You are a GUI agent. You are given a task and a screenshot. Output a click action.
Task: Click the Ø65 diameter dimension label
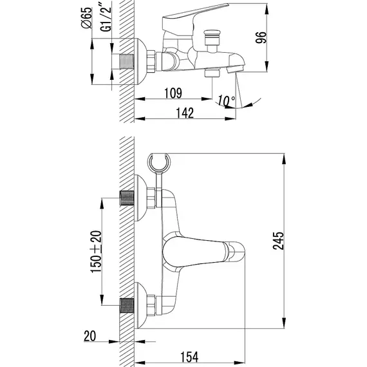coord(86,18)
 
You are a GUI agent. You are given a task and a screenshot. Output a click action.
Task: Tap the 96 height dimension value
coord(261,37)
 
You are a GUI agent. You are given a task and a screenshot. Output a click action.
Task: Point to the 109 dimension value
coord(173,93)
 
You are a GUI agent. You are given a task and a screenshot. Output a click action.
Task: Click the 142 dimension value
coord(185,113)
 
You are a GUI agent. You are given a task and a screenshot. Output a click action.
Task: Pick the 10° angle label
coord(227,100)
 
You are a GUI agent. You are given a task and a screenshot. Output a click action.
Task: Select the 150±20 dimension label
coord(96,252)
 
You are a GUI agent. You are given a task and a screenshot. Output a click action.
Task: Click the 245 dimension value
coord(278,241)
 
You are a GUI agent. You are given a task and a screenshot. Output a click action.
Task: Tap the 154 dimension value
coord(189,357)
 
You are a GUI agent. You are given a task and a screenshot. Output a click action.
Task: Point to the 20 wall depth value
coord(90,336)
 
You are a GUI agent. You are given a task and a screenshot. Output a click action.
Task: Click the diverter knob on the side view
coord(212,37)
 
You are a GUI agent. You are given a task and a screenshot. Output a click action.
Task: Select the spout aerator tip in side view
coord(235,69)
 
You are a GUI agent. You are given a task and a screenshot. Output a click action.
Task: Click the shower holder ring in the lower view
coord(159,162)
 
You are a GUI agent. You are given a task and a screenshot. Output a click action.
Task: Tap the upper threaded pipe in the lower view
coord(127,198)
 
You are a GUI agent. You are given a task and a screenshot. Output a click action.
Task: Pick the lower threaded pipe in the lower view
coord(127,305)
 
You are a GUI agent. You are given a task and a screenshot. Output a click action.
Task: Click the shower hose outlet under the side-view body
coord(212,73)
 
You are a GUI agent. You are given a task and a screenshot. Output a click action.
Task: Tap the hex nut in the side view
coord(151,61)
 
